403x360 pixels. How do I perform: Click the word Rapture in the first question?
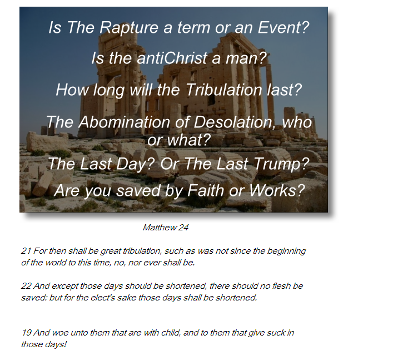pos(129,28)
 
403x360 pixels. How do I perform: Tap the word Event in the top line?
pos(280,27)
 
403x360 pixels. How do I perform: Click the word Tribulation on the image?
pos(223,90)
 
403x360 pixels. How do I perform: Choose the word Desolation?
pos(232,122)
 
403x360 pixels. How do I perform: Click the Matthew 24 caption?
pos(166,228)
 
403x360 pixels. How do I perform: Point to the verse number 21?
pos(26,250)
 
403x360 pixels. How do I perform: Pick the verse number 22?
pos(26,285)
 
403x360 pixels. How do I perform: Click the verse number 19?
pos(26,333)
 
